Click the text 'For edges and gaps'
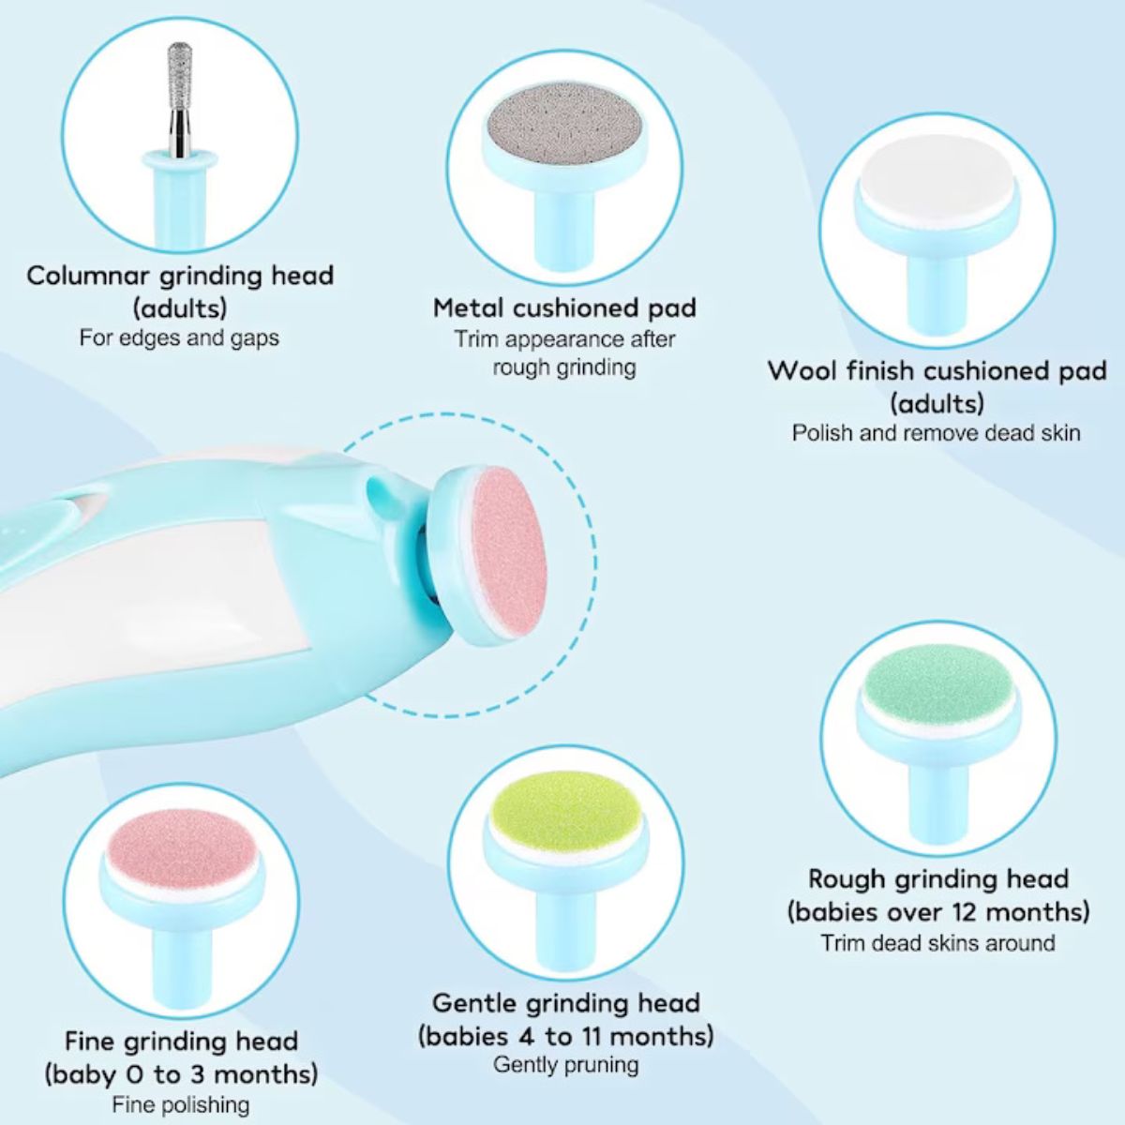pyautogui.click(x=179, y=338)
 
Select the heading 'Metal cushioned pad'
pyautogui.click(x=564, y=307)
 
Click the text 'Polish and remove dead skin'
pyautogui.click(x=936, y=432)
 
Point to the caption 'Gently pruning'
pyautogui.click(x=566, y=1065)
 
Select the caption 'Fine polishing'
pyautogui.click(x=180, y=1105)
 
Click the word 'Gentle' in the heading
pyautogui.click(x=474, y=1003)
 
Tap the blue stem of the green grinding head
pyautogui.click(x=938, y=802)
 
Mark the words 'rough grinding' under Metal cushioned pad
pyautogui.click(x=564, y=367)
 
